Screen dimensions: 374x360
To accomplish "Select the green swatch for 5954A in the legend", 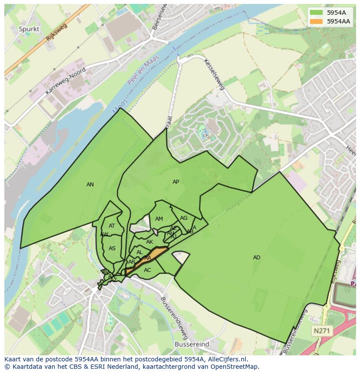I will (x=317, y=13).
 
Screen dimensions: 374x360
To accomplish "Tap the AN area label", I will (x=90, y=185).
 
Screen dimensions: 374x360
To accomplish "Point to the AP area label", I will (x=176, y=182).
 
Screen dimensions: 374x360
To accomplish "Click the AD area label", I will (x=257, y=258).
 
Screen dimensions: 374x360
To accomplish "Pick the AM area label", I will (x=159, y=219).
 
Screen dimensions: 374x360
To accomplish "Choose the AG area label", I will (x=183, y=218).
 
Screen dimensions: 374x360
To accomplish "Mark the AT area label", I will (x=112, y=226).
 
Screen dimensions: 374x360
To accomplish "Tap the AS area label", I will (x=112, y=248).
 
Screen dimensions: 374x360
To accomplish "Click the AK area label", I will (x=150, y=242).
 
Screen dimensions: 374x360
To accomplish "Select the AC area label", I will (x=147, y=270).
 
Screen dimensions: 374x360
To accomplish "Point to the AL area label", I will (x=140, y=252).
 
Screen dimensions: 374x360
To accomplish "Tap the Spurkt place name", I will (x=29, y=29).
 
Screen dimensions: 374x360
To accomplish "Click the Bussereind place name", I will (x=192, y=344).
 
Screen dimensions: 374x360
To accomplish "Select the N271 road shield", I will (x=322, y=331).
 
